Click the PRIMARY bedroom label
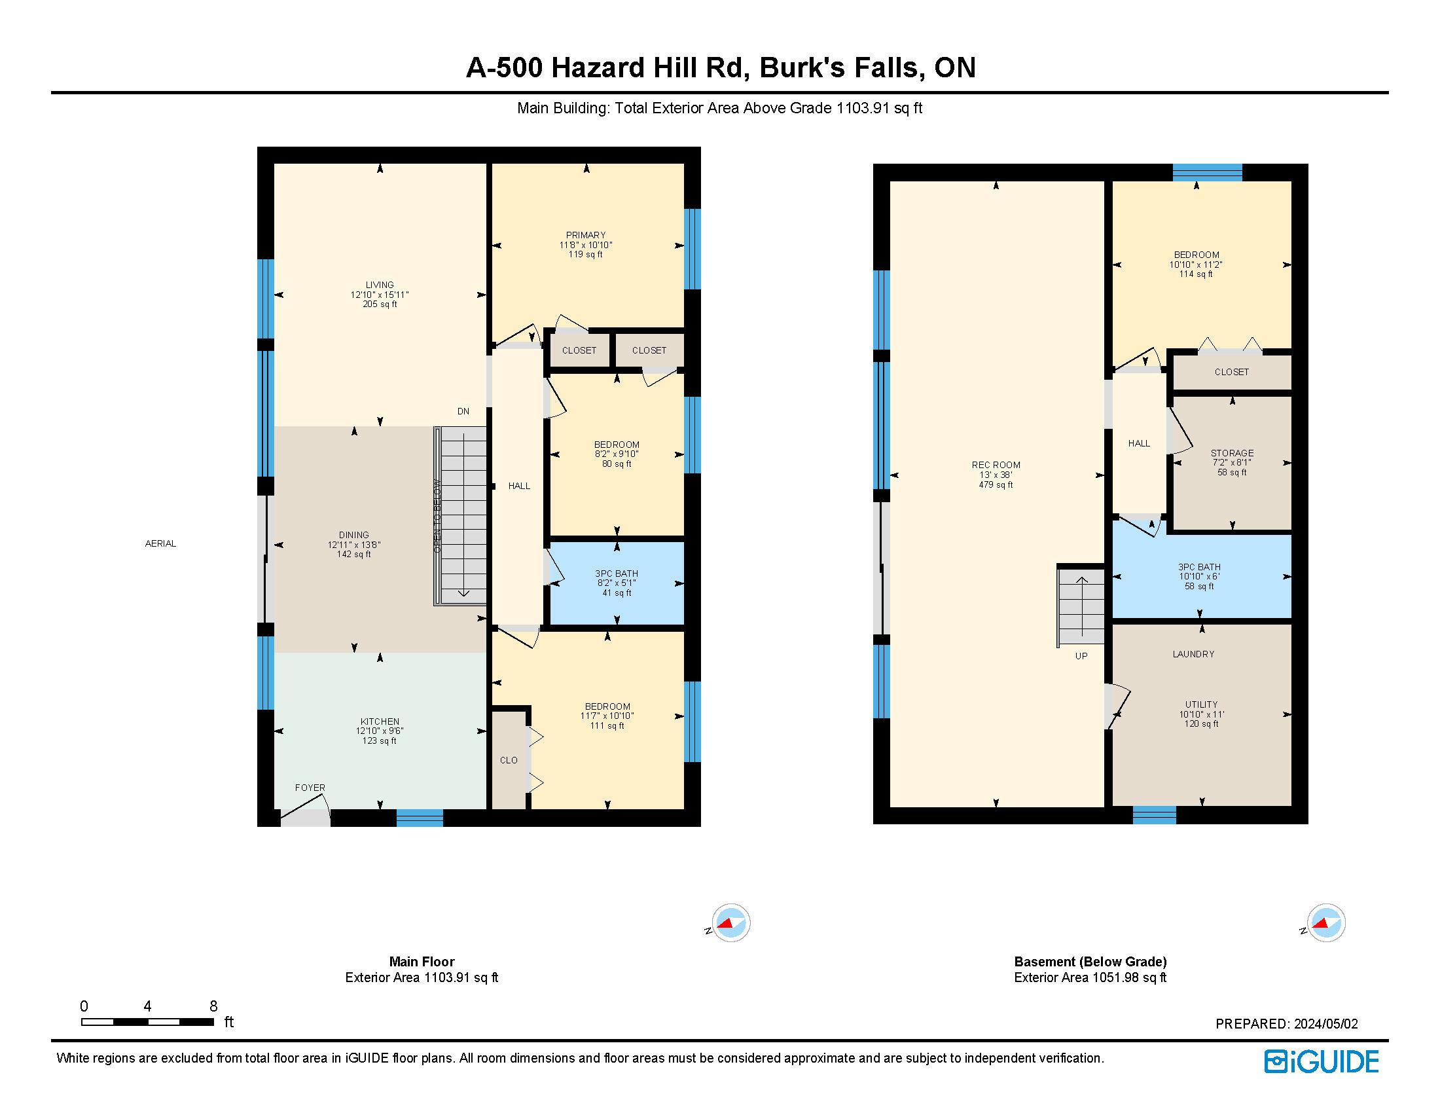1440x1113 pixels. click(586, 235)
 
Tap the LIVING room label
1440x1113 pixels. click(380, 285)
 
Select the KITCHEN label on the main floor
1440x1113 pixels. click(380, 721)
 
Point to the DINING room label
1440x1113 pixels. click(354, 535)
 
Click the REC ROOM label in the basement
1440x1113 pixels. click(996, 465)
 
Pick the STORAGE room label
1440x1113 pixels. click(1232, 453)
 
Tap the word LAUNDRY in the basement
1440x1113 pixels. click(1193, 654)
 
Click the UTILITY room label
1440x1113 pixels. click(1201, 704)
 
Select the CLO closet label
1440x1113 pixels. click(509, 760)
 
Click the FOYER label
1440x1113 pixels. click(310, 787)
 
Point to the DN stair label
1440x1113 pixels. click(463, 411)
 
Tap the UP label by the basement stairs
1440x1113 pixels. click(1081, 656)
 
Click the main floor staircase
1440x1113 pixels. click(461, 516)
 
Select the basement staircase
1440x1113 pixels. click(1081, 606)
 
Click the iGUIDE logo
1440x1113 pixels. click(1322, 1061)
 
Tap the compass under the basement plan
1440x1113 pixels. click(1325, 922)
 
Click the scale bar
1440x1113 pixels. click(147, 1022)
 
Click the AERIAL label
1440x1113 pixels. click(160, 543)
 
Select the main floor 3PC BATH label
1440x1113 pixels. click(617, 574)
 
